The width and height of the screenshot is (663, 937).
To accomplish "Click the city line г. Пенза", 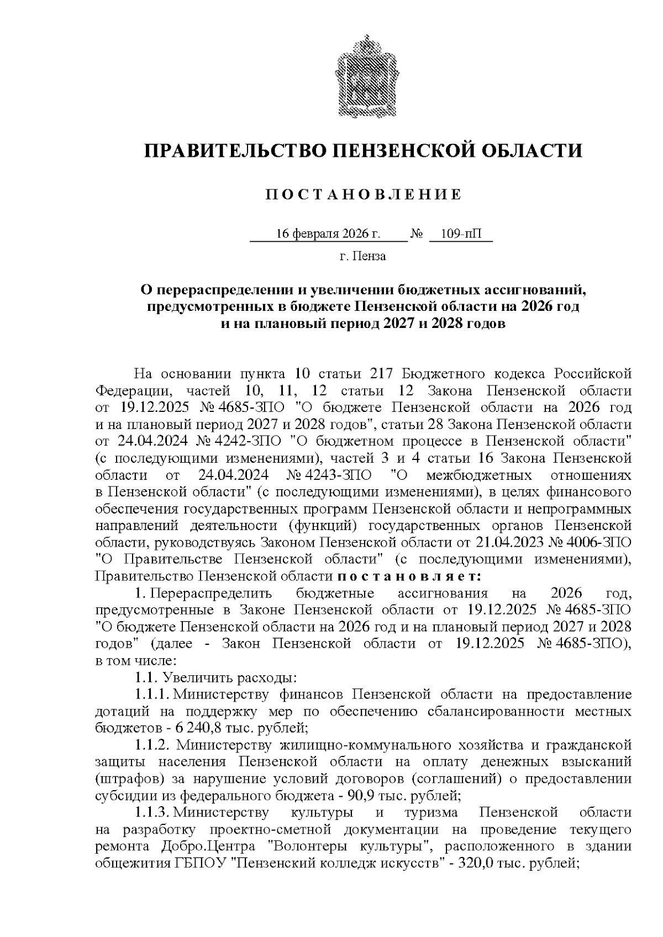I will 362,256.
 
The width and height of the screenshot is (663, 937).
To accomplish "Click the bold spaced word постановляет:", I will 409,576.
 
